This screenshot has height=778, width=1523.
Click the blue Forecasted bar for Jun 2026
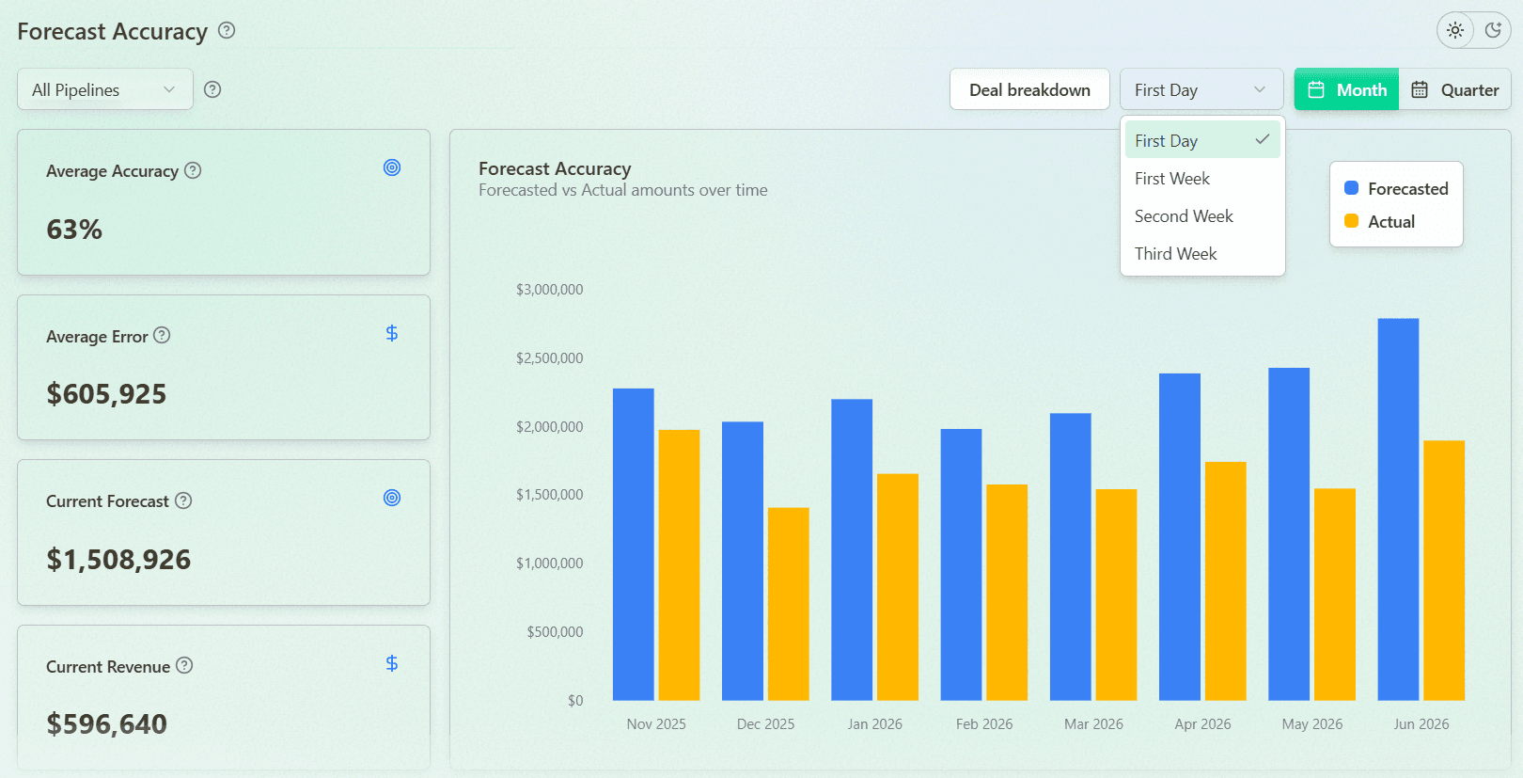[1398, 509]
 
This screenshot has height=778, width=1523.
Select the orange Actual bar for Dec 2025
[789, 604]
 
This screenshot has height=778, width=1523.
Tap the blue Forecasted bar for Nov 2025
[633, 544]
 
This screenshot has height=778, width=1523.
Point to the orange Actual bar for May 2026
[1335, 595]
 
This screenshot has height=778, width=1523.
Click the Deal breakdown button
[1029, 89]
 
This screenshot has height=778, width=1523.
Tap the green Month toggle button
[1346, 89]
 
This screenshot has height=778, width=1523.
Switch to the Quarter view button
[1455, 89]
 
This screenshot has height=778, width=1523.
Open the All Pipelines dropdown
[104, 89]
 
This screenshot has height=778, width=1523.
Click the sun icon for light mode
[1455, 30]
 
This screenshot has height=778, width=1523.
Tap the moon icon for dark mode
[1493, 30]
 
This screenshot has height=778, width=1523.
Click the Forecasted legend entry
[1396, 188]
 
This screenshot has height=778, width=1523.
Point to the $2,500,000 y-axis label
[549, 357]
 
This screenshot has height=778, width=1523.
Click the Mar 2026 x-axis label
[1093, 724]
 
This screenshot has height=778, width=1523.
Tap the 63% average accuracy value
[74, 230]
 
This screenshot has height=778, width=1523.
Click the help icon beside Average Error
[162, 335]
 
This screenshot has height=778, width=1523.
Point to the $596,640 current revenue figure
[107, 723]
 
